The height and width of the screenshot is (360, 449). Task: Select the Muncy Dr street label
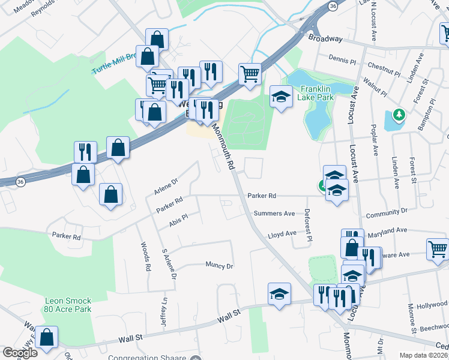tap(218, 265)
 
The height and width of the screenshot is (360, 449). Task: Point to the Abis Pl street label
tap(179, 220)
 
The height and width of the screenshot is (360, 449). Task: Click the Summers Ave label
tap(274, 213)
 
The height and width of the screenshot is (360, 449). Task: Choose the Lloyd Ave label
tap(282, 234)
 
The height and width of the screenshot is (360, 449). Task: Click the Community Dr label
tap(386, 212)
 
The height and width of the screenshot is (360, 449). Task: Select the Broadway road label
tap(325, 39)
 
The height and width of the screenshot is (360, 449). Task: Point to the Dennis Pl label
tap(343, 58)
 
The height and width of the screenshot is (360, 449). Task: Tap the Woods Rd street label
tap(144, 257)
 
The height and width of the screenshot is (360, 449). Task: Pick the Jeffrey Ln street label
tap(163, 312)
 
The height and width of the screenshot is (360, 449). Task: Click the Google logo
tap(20, 353)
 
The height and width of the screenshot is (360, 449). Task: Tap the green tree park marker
tap(397, 113)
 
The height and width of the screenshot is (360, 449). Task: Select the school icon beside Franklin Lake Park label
tap(280, 97)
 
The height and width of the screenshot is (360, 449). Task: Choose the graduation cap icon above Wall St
tap(278, 294)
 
